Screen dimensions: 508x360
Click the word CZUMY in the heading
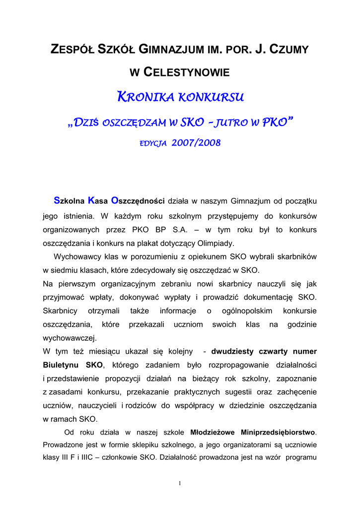(287, 50)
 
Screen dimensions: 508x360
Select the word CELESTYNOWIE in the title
(187, 73)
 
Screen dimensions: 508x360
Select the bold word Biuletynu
(63, 365)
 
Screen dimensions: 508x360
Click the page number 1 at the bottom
(180, 483)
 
